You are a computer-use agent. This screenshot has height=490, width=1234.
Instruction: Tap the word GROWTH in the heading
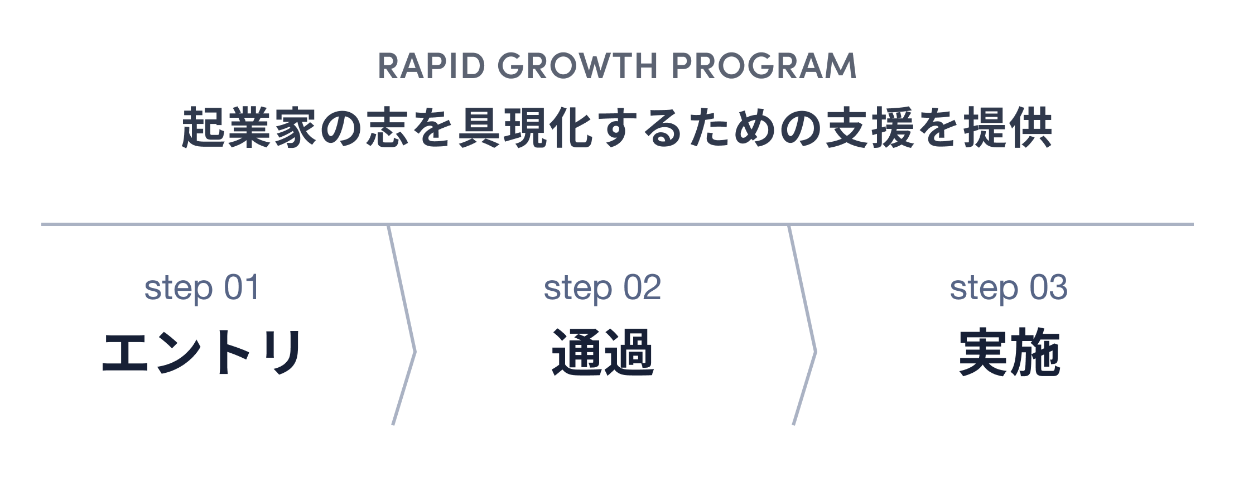point(578,66)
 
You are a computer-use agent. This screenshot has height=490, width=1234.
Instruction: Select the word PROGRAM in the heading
point(764,66)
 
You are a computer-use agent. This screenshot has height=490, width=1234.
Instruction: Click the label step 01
point(202,288)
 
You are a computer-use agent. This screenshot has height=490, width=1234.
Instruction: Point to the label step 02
point(602,288)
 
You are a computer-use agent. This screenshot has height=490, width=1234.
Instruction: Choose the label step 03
point(1009,288)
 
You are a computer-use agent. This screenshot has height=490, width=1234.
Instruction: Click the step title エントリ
point(202,352)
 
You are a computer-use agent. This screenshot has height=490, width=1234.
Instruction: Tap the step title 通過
point(602,352)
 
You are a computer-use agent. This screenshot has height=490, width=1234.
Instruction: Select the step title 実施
point(1009,352)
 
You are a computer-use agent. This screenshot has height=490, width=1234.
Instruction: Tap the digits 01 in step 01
point(242,288)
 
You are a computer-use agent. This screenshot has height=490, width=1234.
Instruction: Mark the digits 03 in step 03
point(1049,288)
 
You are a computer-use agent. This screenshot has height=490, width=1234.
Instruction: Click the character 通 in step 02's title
point(576,352)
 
